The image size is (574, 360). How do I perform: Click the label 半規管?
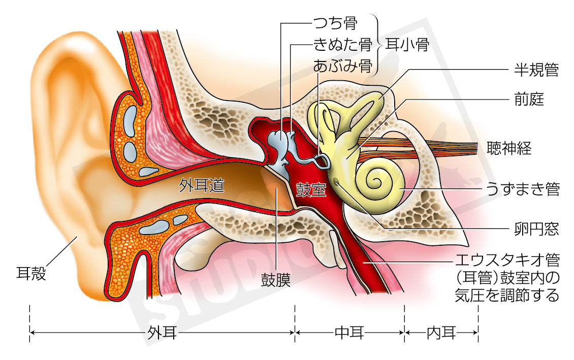(x=536, y=70)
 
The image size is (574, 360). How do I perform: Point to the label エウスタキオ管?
(x=508, y=261)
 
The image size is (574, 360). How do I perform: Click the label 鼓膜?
(x=276, y=281)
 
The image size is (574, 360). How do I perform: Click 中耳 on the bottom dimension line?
(x=349, y=333)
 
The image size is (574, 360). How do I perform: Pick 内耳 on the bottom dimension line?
(x=441, y=333)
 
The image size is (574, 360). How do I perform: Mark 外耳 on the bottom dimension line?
(x=162, y=333)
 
